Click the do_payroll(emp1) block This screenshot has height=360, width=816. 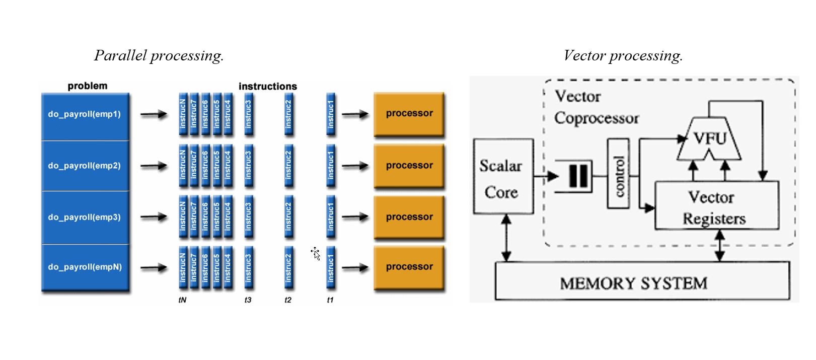click(85, 115)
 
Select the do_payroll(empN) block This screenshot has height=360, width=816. click(85, 267)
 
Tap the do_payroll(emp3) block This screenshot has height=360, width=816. click(85, 217)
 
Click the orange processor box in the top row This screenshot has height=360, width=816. click(409, 114)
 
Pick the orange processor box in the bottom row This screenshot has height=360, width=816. click(409, 267)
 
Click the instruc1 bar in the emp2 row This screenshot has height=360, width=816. click(331, 166)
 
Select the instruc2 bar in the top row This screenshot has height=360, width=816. click(288, 114)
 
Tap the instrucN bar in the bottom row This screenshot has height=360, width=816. click(183, 267)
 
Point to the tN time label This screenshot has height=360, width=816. click(182, 300)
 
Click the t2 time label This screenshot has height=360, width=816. click(288, 300)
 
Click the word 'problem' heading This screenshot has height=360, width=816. click(88, 86)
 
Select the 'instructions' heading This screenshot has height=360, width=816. click(268, 87)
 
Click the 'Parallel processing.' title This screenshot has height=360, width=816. click(159, 55)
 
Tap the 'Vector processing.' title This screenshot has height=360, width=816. click(623, 55)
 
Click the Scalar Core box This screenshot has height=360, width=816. click(503, 177)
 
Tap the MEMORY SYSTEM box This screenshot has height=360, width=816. click(642, 282)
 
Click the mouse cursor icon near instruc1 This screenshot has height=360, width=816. click(316, 253)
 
